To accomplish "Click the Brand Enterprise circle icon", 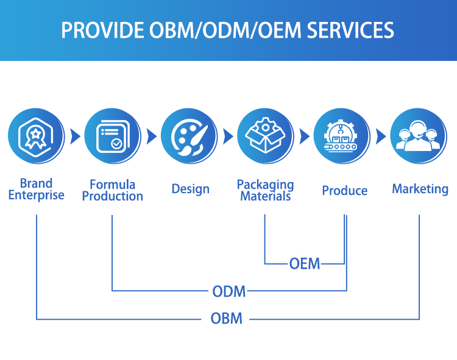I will [36, 136].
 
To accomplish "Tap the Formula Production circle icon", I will [112, 136].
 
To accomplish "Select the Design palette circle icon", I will [189, 136].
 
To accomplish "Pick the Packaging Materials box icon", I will [265, 136].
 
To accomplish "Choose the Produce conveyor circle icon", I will [342, 136].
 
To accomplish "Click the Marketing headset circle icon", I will [419, 136].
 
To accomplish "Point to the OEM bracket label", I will [305, 264].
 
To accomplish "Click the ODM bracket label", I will [229, 291].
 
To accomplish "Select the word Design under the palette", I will [191, 189].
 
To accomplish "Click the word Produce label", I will [344, 191].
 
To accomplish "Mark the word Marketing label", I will [420, 189].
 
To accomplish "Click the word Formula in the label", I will [112, 184].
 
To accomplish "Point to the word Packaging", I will [265, 185].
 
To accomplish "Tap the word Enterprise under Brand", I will [36, 196].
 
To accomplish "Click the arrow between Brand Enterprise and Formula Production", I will [75, 136].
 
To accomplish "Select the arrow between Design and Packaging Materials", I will [228, 136].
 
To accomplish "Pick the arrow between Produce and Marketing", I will [381, 136].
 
